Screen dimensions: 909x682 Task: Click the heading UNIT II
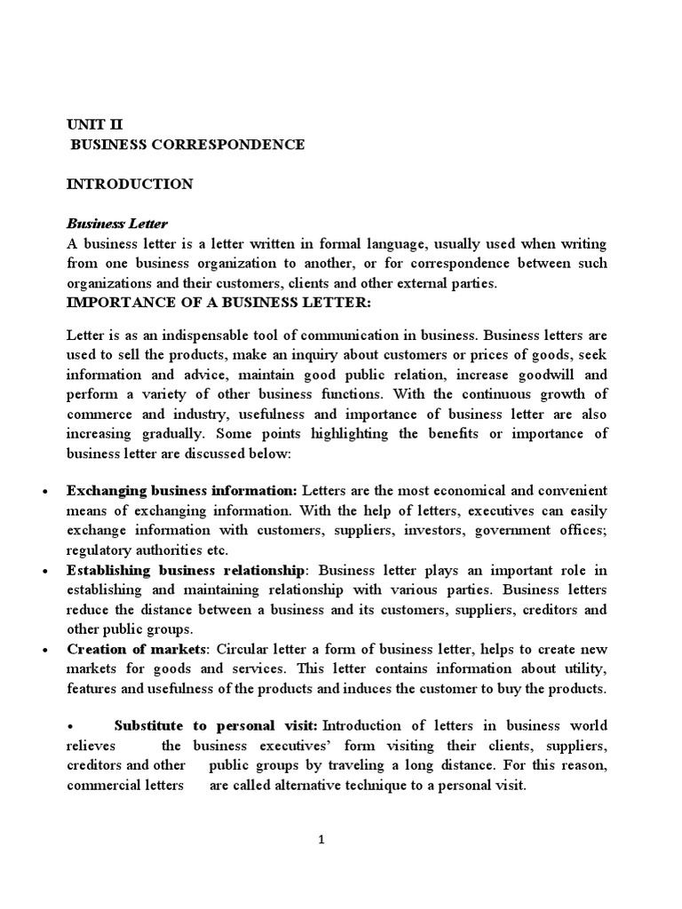[x=98, y=125]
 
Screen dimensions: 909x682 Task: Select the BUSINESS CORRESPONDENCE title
[x=187, y=145]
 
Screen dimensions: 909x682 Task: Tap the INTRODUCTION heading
[x=130, y=184]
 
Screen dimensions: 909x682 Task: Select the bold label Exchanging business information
[x=182, y=491]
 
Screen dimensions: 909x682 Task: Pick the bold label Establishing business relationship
[x=186, y=569]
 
